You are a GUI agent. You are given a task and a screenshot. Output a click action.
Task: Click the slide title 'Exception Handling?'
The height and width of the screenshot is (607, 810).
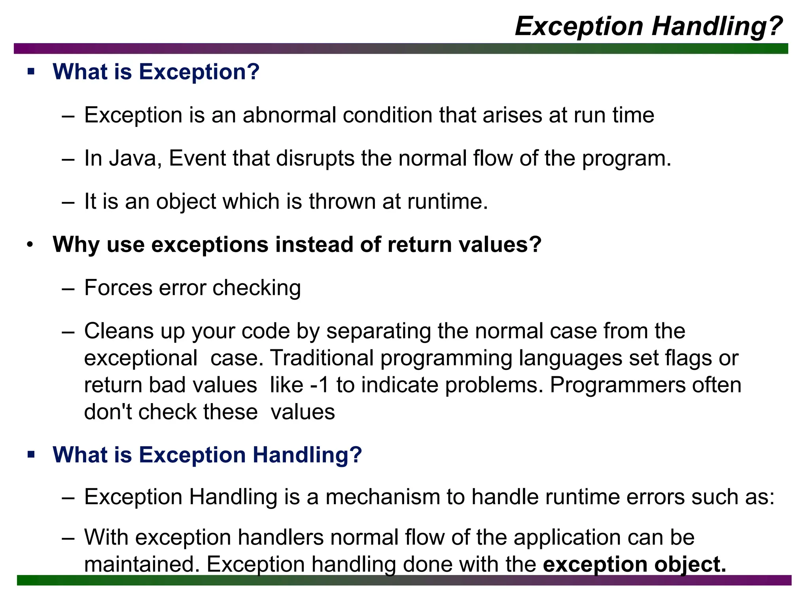(649, 26)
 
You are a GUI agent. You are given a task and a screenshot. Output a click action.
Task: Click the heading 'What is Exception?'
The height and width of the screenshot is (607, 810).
(156, 72)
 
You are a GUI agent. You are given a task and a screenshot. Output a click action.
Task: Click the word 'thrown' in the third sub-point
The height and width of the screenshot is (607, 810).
(342, 202)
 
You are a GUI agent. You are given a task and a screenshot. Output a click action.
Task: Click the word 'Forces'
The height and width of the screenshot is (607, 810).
(118, 288)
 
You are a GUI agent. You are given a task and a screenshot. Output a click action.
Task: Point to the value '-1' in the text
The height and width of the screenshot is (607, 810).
(320, 385)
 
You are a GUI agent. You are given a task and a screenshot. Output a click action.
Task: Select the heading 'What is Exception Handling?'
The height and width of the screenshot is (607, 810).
(207, 455)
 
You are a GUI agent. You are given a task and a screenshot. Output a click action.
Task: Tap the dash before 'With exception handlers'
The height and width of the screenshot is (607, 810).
(68, 538)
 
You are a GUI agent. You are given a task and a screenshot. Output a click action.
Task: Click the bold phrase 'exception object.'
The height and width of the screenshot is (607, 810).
(634, 564)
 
